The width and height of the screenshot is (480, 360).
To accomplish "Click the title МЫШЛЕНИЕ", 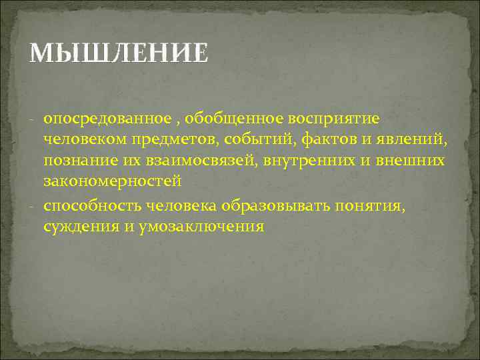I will pos(119,53).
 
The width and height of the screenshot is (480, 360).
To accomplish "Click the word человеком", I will pos(88,139).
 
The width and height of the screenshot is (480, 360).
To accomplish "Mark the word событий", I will pos(262,139).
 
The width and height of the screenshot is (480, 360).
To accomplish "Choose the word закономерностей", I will pos(112,180).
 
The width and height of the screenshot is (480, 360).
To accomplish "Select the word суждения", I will pos(80,226).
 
